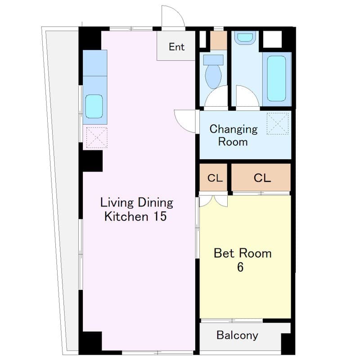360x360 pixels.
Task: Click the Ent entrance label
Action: (176, 47)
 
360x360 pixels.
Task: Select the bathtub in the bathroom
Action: (277, 79)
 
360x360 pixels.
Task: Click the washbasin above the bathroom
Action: (245, 37)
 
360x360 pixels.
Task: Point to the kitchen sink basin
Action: (94, 107)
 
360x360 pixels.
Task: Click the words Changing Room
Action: (233, 135)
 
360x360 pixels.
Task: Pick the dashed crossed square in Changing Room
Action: (278, 123)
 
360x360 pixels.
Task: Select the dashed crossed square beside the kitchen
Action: (97, 138)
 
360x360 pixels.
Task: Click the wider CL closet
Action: (261, 177)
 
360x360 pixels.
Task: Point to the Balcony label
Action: (237, 335)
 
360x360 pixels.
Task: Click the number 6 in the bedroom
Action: (240, 267)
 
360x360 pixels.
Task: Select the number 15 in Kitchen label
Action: (160, 216)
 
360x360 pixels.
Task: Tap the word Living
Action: (117, 203)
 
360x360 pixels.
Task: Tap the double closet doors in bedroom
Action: (213, 201)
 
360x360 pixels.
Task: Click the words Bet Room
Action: (243, 253)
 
